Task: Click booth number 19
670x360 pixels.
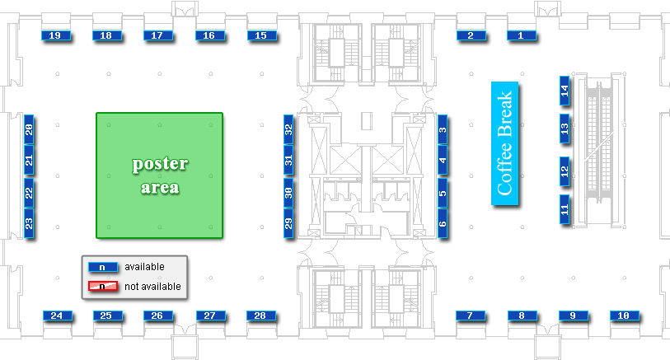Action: tap(55, 35)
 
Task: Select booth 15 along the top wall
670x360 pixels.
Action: tap(261, 35)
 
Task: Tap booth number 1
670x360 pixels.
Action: tap(521, 35)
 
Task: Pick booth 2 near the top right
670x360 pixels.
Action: tap(471, 35)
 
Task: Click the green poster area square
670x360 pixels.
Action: tap(160, 175)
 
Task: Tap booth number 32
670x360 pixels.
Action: tap(288, 130)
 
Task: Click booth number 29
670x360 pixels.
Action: tap(288, 222)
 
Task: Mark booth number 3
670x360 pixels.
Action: tap(443, 130)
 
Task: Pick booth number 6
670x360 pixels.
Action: tap(443, 222)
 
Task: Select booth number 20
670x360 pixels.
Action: tap(29, 130)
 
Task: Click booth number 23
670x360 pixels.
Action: tap(29, 222)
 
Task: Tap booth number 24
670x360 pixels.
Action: tap(56, 316)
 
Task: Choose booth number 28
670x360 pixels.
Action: tap(260, 316)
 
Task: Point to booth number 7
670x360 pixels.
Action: tap(470, 316)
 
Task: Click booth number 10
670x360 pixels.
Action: tap(624, 316)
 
